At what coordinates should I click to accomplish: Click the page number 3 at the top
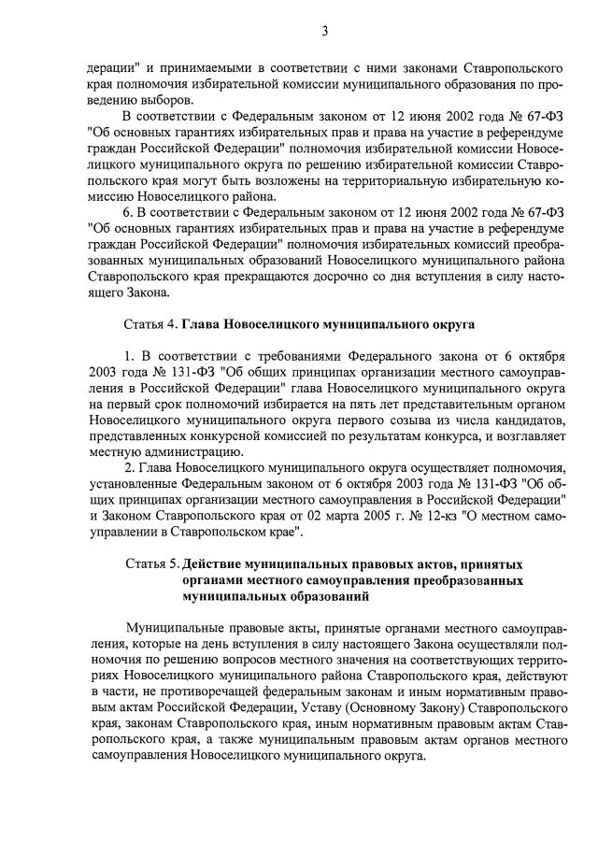click(324, 31)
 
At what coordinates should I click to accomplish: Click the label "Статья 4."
click(150, 325)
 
